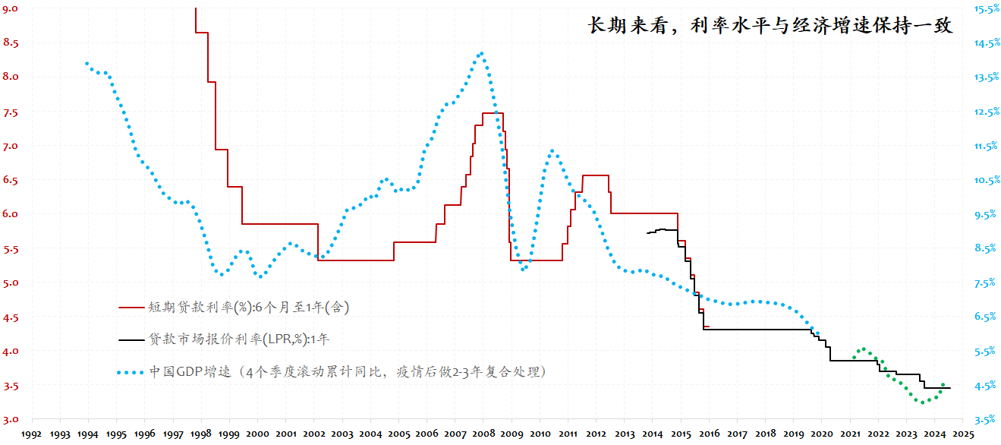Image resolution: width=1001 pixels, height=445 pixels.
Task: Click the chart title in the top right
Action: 770,25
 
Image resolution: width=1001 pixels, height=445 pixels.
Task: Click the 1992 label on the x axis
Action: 31,434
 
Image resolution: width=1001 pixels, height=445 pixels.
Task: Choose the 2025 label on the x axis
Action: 963,434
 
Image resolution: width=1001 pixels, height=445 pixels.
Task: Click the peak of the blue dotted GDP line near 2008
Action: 481,53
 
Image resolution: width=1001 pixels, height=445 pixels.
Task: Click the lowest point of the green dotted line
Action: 922,402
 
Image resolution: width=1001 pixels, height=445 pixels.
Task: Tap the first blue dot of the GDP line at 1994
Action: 87,63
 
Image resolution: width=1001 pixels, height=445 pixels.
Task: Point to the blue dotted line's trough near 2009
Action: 523,270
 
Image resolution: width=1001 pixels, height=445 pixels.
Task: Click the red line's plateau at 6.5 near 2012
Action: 596,175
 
